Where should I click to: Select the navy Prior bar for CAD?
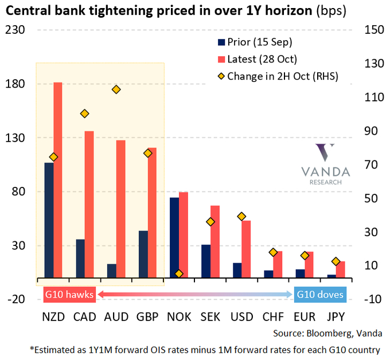click(x=80, y=259)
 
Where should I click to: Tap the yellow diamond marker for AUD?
click(x=116, y=89)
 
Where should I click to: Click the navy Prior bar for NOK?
click(x=174, y=237)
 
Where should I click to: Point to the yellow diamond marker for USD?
click(x=241, y=216)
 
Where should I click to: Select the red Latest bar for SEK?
click(x=214, y=241)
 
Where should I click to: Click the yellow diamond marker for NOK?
click(x=179, y=274)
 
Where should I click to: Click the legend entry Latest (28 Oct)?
click(x=262, y=59)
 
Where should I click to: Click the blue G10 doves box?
click(x=320, y=295)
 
